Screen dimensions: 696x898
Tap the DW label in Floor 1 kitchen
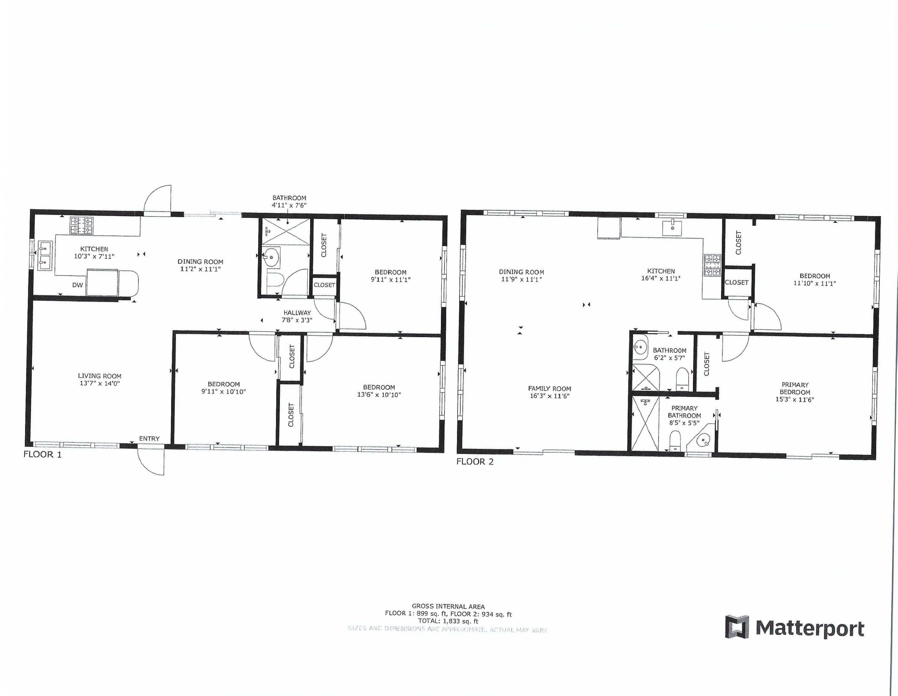[78, 285]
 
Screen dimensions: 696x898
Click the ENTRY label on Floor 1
[149, 439]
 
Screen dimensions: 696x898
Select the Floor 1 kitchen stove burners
[81, 226]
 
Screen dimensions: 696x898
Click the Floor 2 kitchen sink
[672, 227]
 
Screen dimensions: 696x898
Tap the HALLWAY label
[297, 313]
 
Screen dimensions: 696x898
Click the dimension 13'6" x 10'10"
[379, 395]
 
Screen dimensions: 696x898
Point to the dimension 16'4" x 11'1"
[661, 278]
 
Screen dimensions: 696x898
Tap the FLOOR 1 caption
[42, 454]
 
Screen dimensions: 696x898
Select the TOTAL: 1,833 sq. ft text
[448, 621]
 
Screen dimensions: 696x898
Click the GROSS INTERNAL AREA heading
[448, 606]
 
